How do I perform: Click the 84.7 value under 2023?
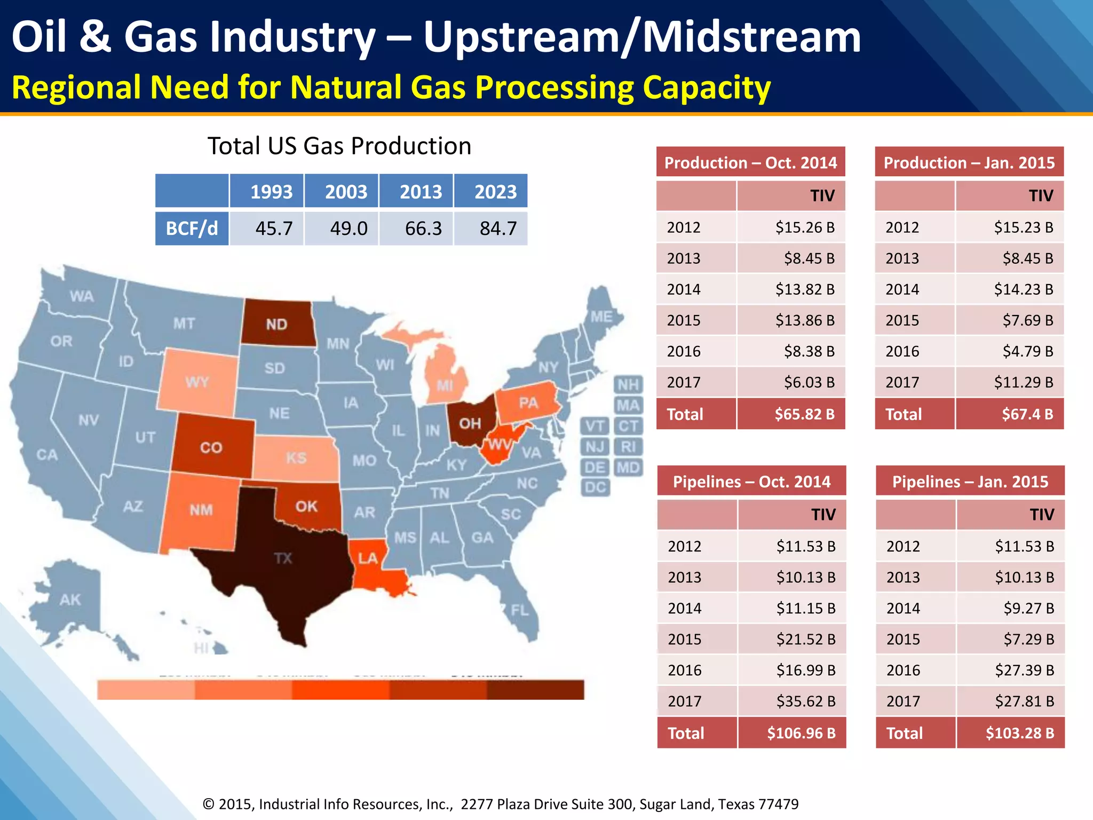tap(497, 228)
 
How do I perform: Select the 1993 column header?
tap(271, 191)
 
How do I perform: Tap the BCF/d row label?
tap(192, 228)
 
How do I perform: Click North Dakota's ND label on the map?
tap(276, 324)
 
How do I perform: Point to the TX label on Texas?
tap(283, 558)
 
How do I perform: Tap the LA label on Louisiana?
tap(367, 558)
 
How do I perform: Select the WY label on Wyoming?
tap(197, 382)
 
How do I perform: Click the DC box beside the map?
tap(595, 487)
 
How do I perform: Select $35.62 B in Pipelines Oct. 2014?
tap(806, 701)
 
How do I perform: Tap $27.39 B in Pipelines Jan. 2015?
tap(1024, 670)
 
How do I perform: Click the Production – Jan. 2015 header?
tap(969, 162)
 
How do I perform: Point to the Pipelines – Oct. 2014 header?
tap(751, 482)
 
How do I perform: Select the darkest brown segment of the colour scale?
tap(535, 690)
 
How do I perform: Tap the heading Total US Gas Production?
tap(339, 146)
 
